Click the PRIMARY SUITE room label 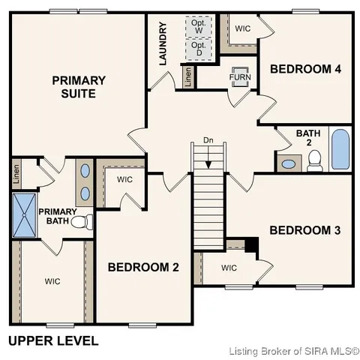point(78,87)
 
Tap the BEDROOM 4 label point(305,69)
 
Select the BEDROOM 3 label point(305,230)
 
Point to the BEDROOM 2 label point(143,267)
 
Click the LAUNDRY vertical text point(163,43)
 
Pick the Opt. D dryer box point(199,49)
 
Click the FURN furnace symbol point(240,78)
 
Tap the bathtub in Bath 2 point(340,149)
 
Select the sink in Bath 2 point(288,163)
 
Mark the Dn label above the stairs point(208,140)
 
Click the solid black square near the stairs point(251,244)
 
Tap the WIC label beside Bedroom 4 point(243,28)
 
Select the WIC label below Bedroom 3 point(229,268)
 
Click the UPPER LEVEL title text point(53,340)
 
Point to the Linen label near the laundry point(187,77)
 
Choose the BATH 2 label point(307,138)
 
